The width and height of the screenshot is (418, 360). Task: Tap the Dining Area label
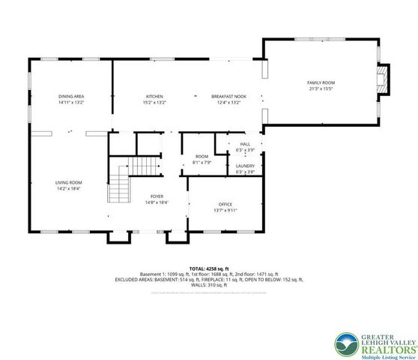click(x=71, y=97)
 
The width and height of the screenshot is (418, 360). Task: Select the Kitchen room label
click(x=154, y=97)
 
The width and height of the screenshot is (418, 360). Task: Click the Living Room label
click(x=68, y=183)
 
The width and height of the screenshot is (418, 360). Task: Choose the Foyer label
click(x=157, y=196)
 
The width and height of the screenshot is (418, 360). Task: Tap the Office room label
click(x=225, y=203)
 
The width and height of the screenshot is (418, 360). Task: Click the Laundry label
click(x=245, y=166)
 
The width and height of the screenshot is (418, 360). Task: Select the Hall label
click(x=245, y=143)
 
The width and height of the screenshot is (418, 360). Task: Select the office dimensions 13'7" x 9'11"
click(x=225, y=210)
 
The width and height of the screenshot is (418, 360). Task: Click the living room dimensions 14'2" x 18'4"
click(x=68, y=190)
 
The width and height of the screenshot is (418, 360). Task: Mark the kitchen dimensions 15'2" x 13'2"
click(x=154, y=103)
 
